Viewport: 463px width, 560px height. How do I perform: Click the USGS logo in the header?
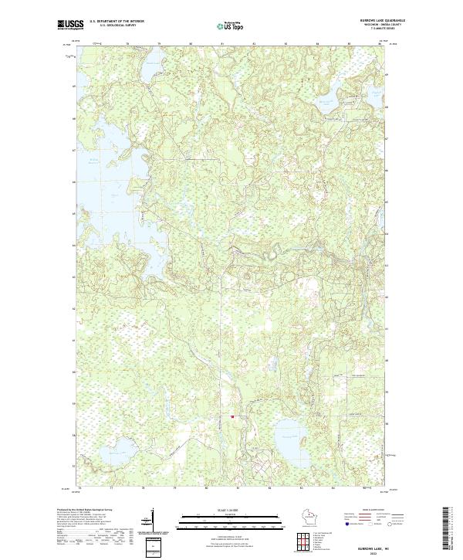click(70, 25)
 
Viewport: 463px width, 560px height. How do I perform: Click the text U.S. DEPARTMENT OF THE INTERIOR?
click(117, 21)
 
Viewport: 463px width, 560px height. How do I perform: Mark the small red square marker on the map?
click(231, 416)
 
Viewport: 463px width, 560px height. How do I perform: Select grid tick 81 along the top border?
click(221, 45)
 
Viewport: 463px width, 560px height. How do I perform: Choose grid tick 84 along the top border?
click(317, 45)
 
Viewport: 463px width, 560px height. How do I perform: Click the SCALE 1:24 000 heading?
click(231, 510)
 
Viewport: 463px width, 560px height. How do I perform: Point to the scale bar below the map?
click(231, 518)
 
